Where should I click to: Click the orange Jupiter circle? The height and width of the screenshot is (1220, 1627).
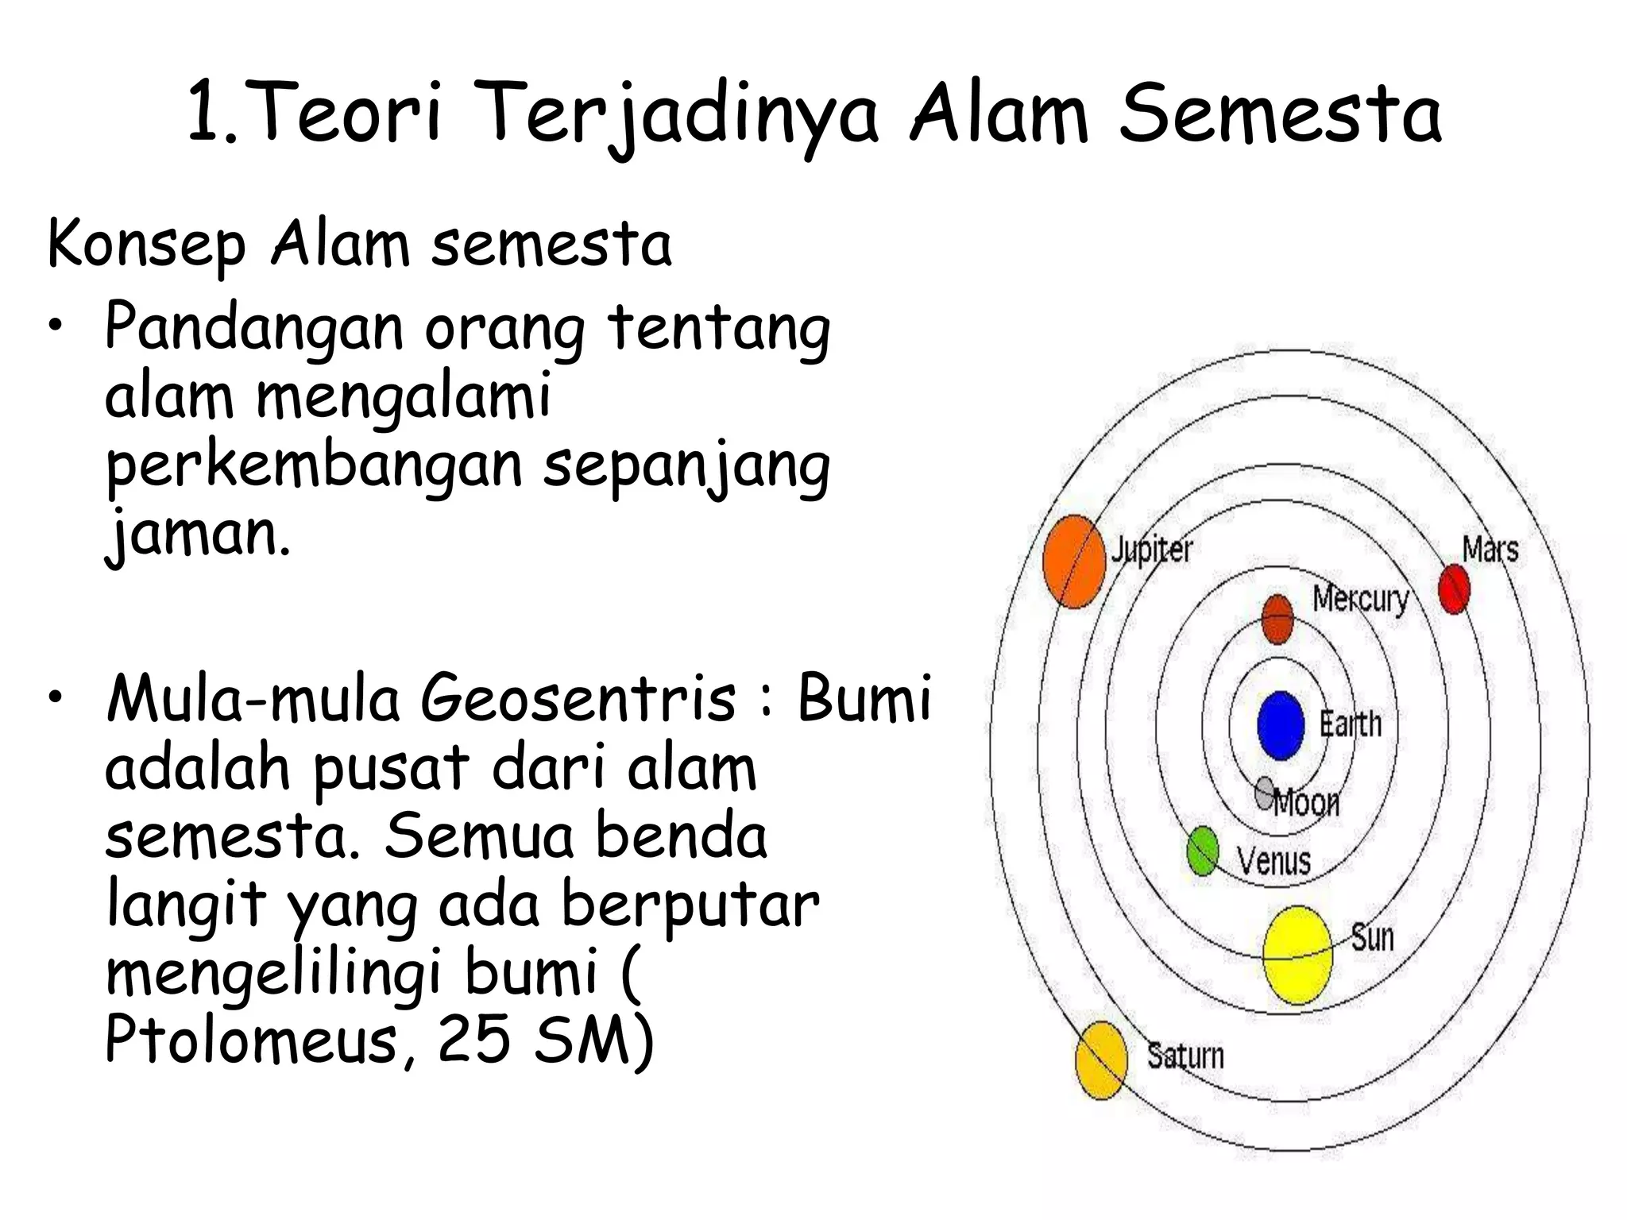click(1074, 562)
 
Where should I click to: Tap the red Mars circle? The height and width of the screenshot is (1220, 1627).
click(1454, 589)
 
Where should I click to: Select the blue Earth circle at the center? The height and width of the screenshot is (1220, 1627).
click(1281, 725)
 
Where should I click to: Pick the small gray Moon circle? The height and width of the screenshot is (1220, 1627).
click(1266, 792)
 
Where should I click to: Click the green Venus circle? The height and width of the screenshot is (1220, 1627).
click(1203, 851)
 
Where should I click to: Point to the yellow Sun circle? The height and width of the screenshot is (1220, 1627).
click(1297, 955)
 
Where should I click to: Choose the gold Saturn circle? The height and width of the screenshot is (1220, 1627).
click(1101, 1061)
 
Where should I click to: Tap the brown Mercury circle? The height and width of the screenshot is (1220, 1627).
click(1277, 620)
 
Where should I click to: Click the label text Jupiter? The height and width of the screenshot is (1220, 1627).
click(1152, 550)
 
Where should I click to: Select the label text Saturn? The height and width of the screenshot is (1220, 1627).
click(1185, 1056)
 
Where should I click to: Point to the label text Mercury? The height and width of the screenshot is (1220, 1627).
click(1360, 598)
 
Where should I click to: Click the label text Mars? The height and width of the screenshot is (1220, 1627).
click(1490, 549)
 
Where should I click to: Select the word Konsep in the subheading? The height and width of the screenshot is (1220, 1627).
click(147, 245)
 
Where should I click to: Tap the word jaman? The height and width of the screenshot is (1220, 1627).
click(198, 534)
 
